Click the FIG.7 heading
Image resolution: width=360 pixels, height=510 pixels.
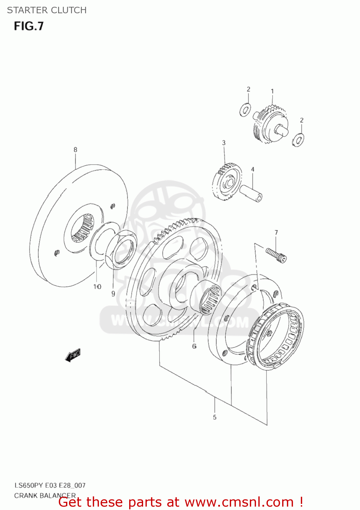coord(29,26)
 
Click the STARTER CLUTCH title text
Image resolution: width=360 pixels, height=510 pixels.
coord(47,10)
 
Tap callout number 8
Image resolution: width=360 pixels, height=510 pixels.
coord(75,150)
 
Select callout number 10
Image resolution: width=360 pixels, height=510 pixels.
coord(97,287)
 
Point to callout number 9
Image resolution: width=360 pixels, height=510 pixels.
coord(113,294)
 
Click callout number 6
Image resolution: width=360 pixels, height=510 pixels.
coord(194,346)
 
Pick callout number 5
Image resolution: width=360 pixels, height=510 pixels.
coord(215,417)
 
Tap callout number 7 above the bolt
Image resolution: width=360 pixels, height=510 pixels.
coord(276,233)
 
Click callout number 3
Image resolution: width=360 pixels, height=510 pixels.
coord(224,143)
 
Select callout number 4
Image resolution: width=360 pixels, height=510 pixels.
coord(253,169)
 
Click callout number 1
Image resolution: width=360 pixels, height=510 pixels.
coord(272,91)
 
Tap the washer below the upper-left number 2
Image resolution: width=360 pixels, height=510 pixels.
coord(245,110)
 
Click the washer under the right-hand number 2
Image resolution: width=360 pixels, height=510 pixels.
coord(298,140)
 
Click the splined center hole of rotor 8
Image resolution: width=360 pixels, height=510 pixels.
coord(82,227)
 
